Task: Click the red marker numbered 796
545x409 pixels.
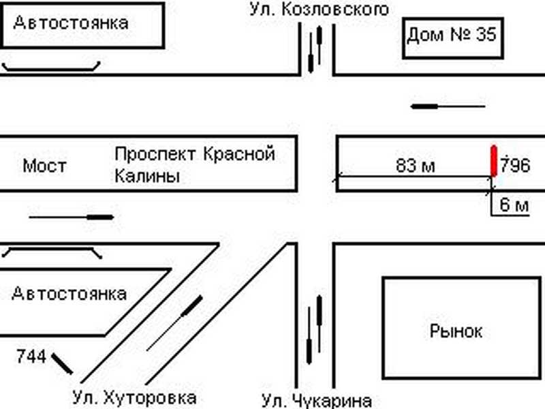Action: coord(494,160)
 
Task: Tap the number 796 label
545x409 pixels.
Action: coord(516,166)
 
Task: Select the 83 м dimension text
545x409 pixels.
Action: coord(415,166)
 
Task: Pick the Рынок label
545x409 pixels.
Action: coord(456,331)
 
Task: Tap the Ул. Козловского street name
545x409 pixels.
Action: coord(319,10)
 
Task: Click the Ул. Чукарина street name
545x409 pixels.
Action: coord(317,400)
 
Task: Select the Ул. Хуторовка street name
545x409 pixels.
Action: coord(135,397)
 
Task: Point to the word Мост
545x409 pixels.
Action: coord(44,166)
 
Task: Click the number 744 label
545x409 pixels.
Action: coord(31,356)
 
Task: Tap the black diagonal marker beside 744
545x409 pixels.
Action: coord(63,363)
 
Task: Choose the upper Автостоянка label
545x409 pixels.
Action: coord(71,22)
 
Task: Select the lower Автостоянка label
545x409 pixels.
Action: coord(69,294)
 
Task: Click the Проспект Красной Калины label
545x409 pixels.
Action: coord(194,164)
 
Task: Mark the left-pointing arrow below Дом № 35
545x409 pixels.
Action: coord(448,106)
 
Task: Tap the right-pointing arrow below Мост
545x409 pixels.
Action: coord(72,217)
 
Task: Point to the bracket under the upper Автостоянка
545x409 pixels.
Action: coord(52,67)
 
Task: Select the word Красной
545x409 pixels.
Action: coord(239,154)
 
